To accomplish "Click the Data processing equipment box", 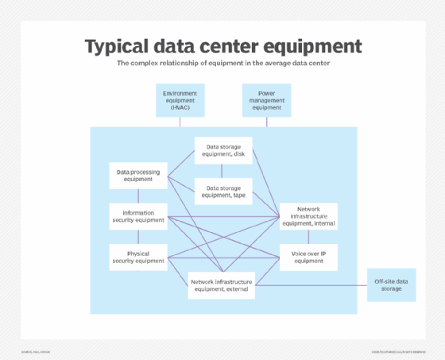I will [139, 175].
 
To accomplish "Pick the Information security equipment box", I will [139, 216].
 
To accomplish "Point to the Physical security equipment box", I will [139, 257].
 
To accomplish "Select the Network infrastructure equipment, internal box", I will [309, 215].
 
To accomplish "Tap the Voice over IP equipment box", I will [309, 257].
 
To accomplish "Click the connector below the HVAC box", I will [180, 122].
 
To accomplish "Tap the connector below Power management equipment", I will [266, 122].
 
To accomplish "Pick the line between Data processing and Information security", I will [139, 195].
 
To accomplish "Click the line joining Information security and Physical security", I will [139, 236].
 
